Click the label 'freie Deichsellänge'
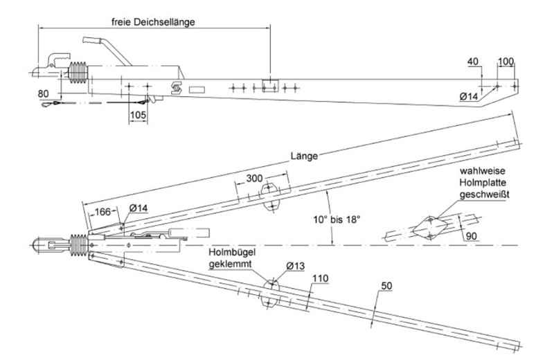click(154, 21)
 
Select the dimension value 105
click(138, 114)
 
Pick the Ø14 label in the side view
click(470, 97)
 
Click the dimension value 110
click(319, 278)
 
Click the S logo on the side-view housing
click(177, 88)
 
